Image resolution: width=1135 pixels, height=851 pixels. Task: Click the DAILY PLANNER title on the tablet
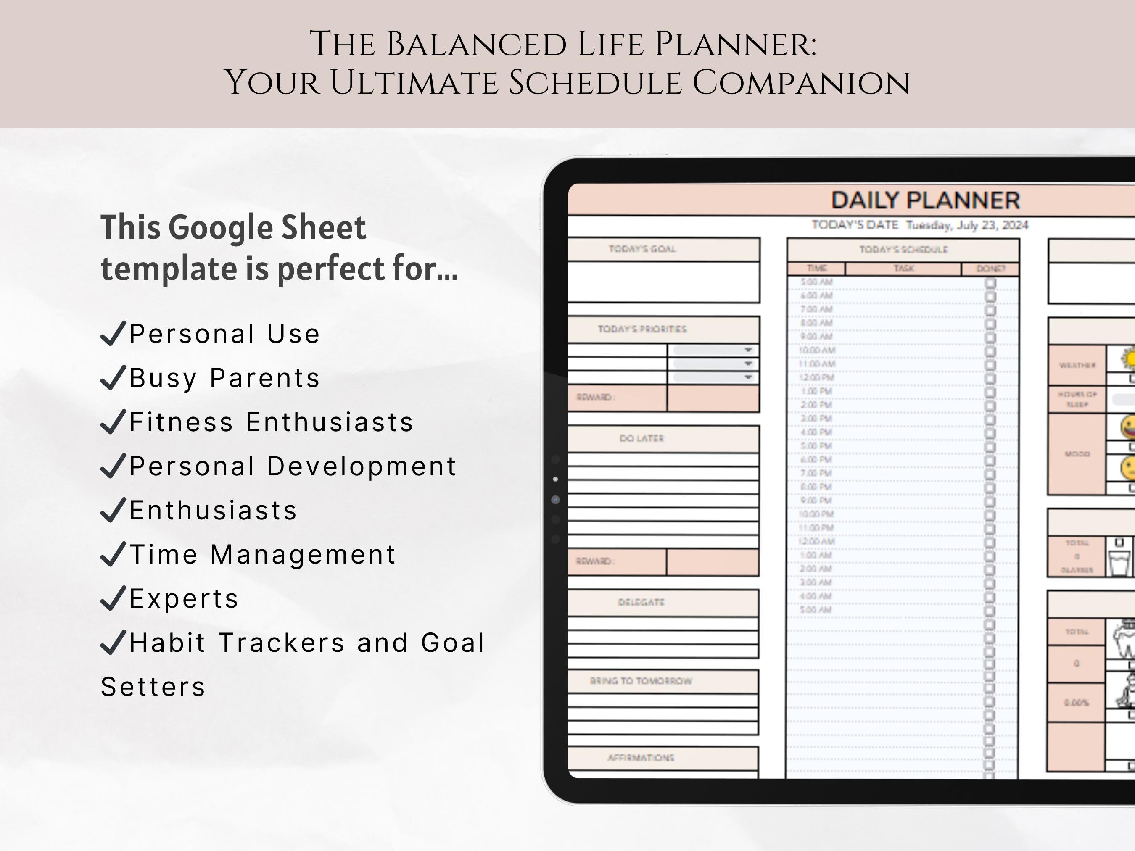tap(925, 200)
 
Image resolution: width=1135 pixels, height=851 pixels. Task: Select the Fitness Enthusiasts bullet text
tap(271, 422)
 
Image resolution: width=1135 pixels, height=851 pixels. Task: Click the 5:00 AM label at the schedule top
tap(816, 282)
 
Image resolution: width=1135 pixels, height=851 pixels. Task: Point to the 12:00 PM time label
tap(816, 377)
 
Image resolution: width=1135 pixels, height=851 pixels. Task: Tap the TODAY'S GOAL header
tap(642, 249)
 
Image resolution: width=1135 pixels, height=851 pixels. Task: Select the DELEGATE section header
tap(641, 602)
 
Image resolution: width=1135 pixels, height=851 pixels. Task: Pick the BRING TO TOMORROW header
tap(641, 681)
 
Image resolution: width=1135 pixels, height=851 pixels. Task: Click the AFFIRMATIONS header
tap(640, 758)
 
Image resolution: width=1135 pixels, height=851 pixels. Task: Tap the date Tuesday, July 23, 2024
tap(967, 226)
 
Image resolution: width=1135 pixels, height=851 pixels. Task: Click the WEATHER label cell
tap(1077, 365)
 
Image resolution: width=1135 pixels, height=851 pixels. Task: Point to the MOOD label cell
tap(1077, 454)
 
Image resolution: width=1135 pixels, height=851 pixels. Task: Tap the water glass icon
tap(1120, 562)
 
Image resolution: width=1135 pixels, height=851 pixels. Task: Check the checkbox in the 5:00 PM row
tap(990, 446)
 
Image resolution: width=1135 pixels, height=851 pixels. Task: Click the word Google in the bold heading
tap(222, 227)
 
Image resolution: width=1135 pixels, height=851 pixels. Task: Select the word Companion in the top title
tap(802, 83)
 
